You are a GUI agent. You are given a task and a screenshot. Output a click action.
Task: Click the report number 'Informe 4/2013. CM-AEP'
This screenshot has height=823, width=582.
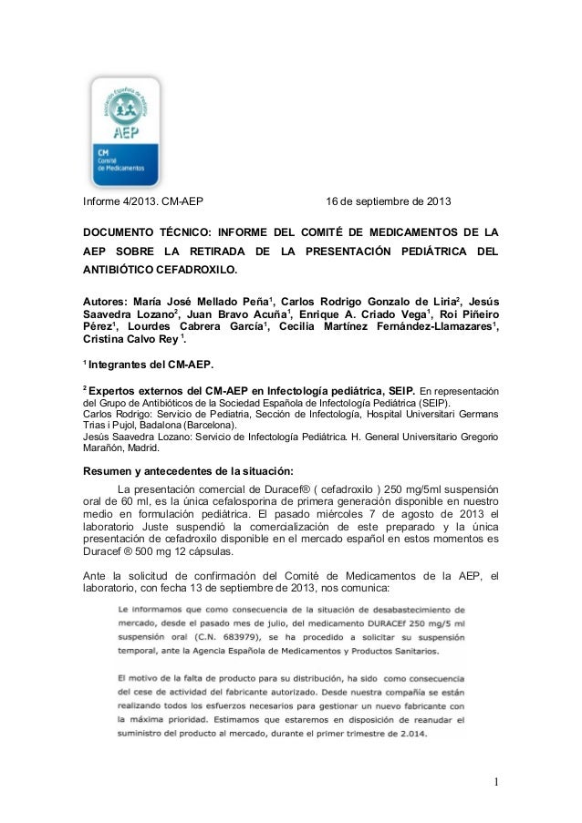pos(143,201)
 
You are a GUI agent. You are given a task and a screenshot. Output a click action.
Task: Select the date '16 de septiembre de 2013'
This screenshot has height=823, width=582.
pos(388,201)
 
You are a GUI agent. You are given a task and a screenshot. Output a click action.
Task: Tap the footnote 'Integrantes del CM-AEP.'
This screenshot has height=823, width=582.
pos(151,365)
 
